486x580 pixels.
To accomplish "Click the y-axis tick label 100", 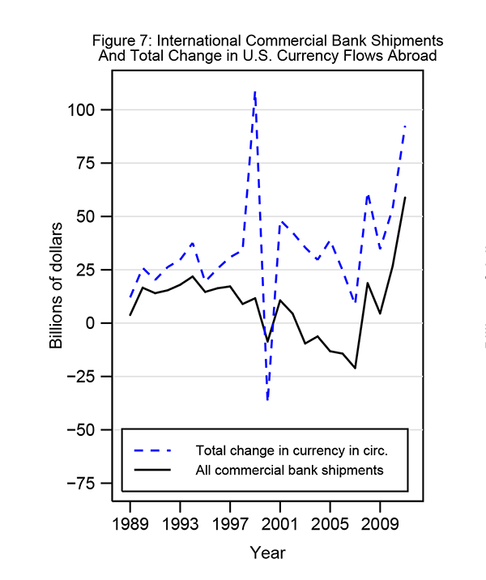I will tap(85, 110).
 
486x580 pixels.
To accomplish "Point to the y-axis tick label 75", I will tap(89, 164).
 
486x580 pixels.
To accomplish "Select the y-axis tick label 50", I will tap(89, 217).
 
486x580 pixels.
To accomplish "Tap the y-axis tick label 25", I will tap(89, 271).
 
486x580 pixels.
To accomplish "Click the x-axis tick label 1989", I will tap(130, 522).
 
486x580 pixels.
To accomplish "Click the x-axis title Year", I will tap(267, 553).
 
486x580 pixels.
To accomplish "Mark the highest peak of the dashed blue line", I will tap(255, 92).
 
